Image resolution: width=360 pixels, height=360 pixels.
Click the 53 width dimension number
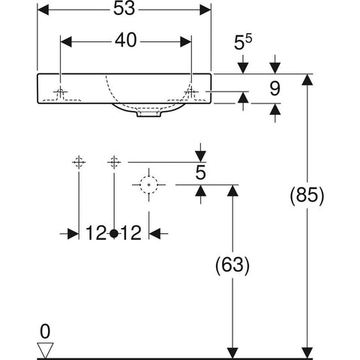[x=124, y=9]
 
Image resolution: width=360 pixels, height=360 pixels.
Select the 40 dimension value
[x=126, y=40]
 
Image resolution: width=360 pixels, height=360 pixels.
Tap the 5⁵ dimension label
[x=243, y=42]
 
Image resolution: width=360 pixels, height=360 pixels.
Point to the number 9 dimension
[x=275, y=88]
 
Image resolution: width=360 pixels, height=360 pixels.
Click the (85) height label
[x=307, y=195]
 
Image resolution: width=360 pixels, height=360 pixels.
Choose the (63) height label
[x=232, y=265]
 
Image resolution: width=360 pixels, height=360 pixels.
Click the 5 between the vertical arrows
[x=200, y=172]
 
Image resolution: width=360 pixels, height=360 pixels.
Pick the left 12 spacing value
[x=96, y=233]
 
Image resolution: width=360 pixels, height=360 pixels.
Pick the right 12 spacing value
[x=131, y=233]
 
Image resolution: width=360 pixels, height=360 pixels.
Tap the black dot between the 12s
[x=114, y=233]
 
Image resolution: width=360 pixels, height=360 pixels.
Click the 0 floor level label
[x=45, y=331]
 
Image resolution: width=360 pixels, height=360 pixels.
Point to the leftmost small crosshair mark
[x=79, y=162]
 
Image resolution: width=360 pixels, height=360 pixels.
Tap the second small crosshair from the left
[x=114, y=162]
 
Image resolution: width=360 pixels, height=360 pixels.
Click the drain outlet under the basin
[x=148, y=114]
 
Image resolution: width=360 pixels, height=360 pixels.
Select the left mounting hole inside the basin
[x=60, y=92]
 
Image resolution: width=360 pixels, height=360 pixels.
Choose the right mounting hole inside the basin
[x=191, y=92]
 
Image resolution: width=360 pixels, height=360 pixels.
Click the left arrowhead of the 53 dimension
[x=43, y=10]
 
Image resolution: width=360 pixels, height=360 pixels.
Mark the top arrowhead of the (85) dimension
[x=307, y=79]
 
